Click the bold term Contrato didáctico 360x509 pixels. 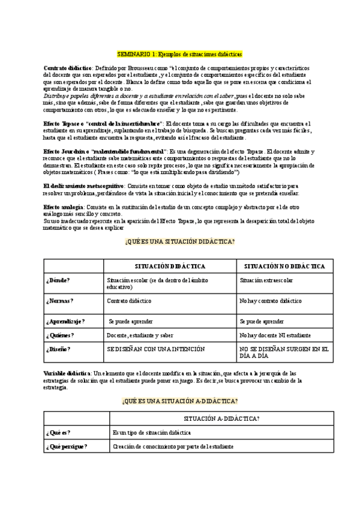point(67,68)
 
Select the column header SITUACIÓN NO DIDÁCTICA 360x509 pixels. point(285,266)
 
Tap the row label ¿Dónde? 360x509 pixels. point(58,280)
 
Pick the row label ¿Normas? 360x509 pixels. point(59,301)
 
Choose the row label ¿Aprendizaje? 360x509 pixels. point(65,321)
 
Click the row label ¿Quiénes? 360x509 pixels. point(60,335)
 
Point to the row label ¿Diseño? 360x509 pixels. point(58,349)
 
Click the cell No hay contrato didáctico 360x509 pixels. point(270,301)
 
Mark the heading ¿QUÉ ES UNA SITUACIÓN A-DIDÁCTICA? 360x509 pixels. point(179,400)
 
